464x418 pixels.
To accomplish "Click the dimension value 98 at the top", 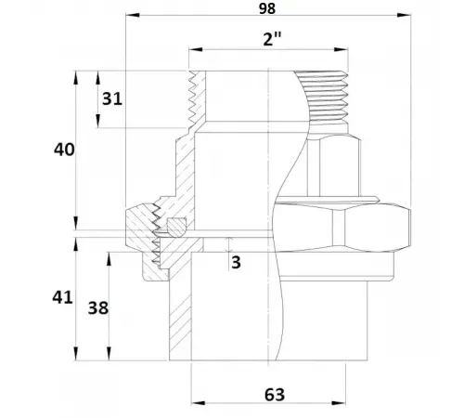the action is (267, 8).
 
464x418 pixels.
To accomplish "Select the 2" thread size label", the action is (272, 39).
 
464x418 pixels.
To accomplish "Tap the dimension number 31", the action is (112, 99).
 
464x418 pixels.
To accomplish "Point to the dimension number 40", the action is (64, 150).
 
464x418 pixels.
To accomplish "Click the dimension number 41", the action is (62, 297).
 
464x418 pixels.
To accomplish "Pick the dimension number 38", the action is (98, 308).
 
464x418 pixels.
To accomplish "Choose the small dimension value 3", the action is (236, 262).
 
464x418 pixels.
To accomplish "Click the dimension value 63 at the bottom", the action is (275, 395).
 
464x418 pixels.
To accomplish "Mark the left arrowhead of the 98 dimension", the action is (133, 15).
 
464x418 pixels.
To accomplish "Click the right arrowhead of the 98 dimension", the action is (404, 15).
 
